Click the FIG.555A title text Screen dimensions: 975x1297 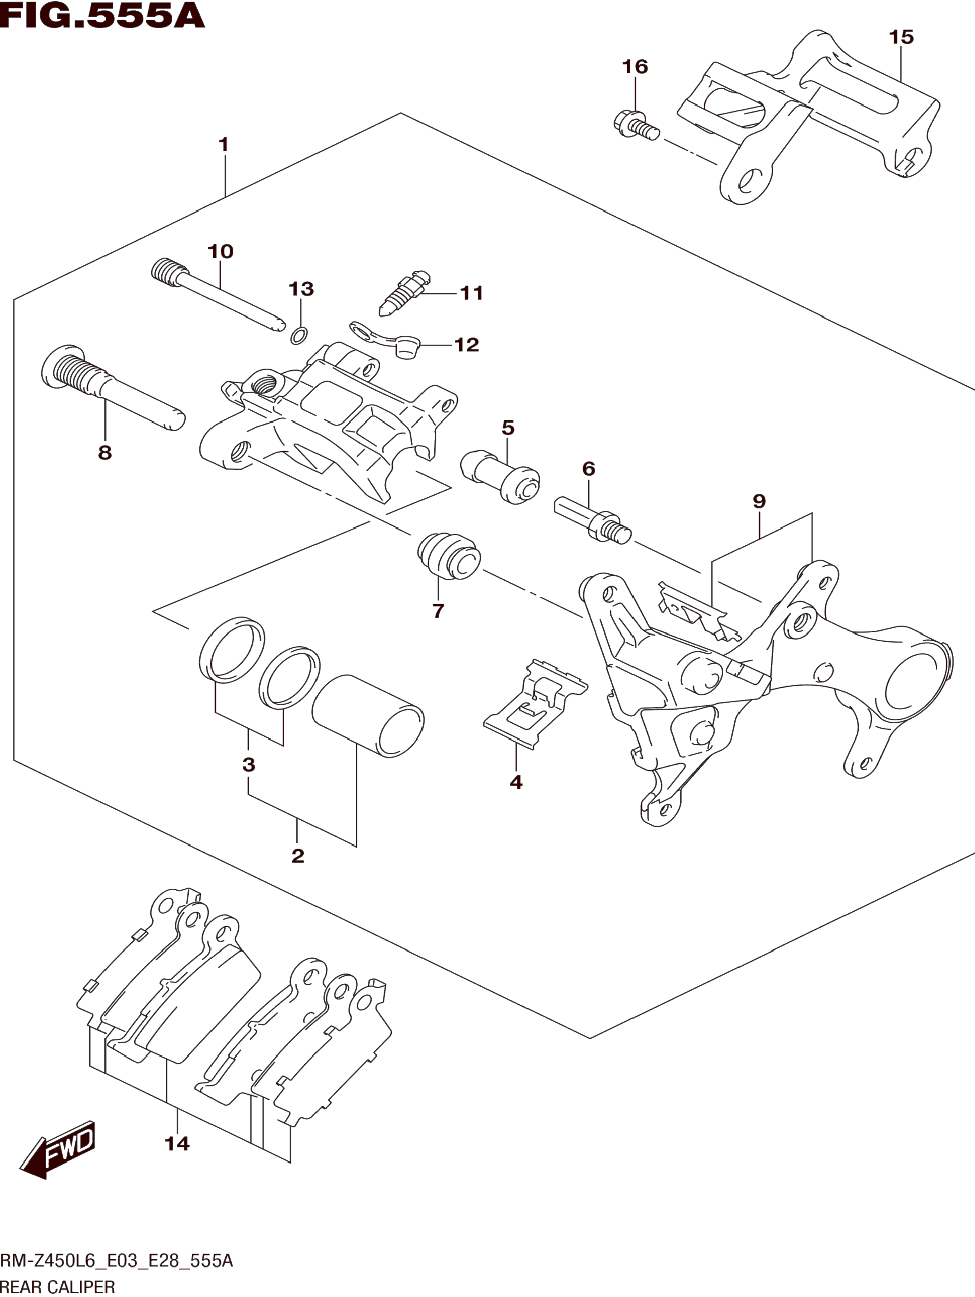103,16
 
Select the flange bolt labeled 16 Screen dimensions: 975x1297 637,126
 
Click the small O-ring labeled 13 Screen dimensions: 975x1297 299,336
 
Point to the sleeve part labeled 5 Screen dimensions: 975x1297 500,477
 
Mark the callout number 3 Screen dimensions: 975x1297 248,765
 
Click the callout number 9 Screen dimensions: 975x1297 759,501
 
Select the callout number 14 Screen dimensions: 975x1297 177,1143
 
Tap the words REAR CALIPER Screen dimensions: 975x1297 57,1287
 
